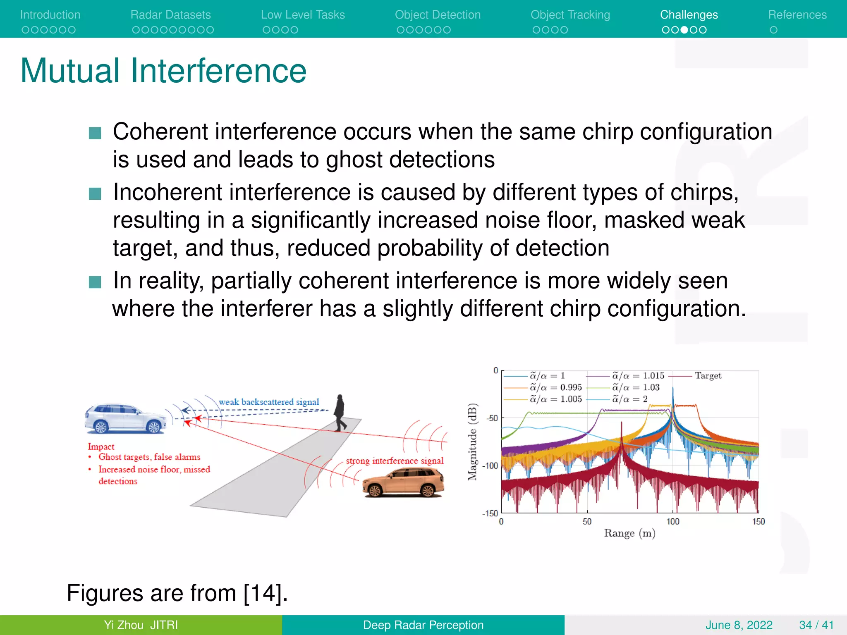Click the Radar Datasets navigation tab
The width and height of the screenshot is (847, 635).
pos(170,15)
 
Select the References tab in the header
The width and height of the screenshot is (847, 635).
pos(797,15)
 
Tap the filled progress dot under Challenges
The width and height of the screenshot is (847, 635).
pos(684,30)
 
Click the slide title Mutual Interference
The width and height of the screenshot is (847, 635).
pos(163,71)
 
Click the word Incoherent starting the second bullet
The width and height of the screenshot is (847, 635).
pos(169,193)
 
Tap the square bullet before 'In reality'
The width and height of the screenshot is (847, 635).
pos(95,282)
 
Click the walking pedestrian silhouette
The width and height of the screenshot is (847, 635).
pos(340,413)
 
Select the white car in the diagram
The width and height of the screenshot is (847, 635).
pos(125,419)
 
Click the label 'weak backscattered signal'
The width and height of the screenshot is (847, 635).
pos(269,402)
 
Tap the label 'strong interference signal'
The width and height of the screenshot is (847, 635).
pos(395,461)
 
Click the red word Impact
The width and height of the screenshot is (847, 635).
pos(101,446)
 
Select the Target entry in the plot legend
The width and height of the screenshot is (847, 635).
pos(708,376)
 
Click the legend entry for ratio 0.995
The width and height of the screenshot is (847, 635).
pos(556,387)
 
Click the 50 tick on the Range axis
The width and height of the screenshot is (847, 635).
pos(587,522)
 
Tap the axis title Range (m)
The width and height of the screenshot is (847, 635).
pos(629,533)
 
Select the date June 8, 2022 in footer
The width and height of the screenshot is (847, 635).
pos(739,625)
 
